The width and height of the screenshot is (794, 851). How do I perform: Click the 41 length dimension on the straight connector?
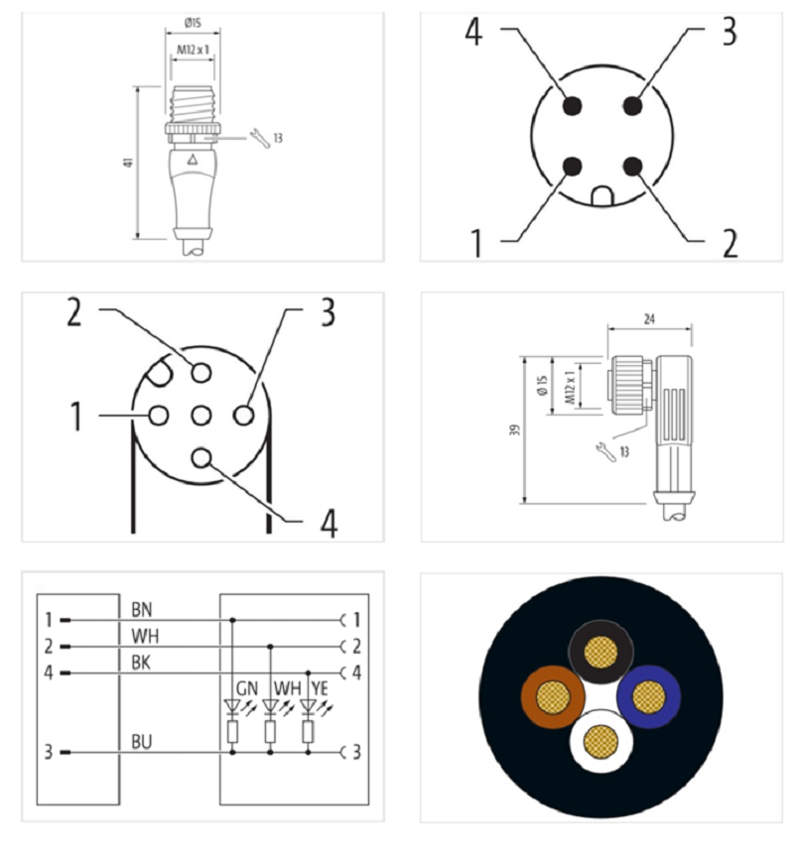click(x=129, y=162)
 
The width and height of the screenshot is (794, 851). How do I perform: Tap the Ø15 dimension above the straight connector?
click(x=193, y=23)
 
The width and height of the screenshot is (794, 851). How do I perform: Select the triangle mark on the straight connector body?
click(x=192, y=160)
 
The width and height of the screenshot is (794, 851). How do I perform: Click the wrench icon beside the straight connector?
click(x=260, y=139)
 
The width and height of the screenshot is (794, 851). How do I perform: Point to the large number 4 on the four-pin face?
click(x=473, y=32)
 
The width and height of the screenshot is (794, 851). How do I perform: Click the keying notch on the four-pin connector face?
click(x=602, y=196)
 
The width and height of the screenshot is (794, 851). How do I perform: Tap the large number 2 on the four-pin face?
click(x=729, y=243)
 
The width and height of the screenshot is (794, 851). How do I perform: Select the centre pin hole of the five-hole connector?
click(x=200, y=416)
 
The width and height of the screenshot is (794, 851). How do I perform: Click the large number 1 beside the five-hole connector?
click(x=76, y=416)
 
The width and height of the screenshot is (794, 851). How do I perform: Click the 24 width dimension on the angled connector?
click(x=649, y=319)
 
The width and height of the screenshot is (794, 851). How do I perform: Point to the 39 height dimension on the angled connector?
click(x=515, y=429)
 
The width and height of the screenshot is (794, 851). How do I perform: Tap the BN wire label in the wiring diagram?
click(x=142, y=609)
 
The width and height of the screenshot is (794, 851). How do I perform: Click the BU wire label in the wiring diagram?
click(x=142, y=742)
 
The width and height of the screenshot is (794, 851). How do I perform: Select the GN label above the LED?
click(x=247, y=688)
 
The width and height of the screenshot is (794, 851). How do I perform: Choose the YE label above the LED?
click(x=320, y=688)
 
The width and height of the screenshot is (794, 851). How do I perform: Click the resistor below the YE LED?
click(x=308, y=732)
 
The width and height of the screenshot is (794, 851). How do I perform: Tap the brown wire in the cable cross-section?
click(x=552, y=696)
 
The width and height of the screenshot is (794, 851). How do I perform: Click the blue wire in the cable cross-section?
click(x=649, y=696)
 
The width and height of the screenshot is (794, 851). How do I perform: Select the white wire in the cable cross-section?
click(x=600, y=741)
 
